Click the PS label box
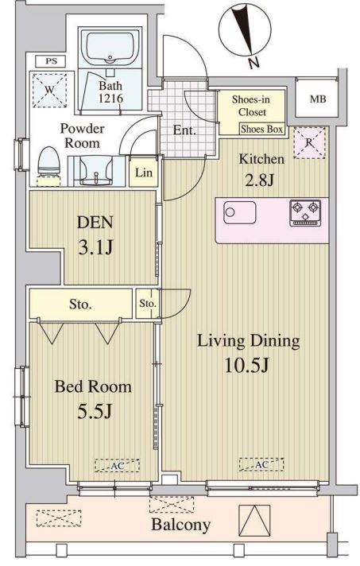pyautogui.click(x=51, y=61)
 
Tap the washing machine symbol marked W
pyautogui.click(x=50, y=91)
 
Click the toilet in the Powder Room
pyautogui.click(x=48, y=165)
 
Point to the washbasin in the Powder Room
pyautogui.click(x=95, y=171)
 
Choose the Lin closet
pyautogui.click(x=143, y=173)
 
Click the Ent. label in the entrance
pyautogui.click(x=184, y=130)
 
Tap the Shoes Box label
pyautogui.click(x=262, y=129)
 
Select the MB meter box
pyautogui.click(x=317, y=99)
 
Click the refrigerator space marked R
pyautogui.click(x=309, y=142)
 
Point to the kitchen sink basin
pyautogui.click(x=240, y=212)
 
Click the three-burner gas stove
pyautogui.click(x=305, y=213)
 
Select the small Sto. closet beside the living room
pyautogui.click(x=148, y=304)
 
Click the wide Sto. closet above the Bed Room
pyautogui.click(x=80, y=304)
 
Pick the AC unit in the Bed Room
pyautogui.click(x=118, y=466)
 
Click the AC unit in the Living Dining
pyautogui.click(x=261, y=464)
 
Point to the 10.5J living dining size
pyautogui.click(x=246, y=366)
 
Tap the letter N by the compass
pyautogui.click(x=254, y=63)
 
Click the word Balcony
pyautogui.click(x=180, y=525)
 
